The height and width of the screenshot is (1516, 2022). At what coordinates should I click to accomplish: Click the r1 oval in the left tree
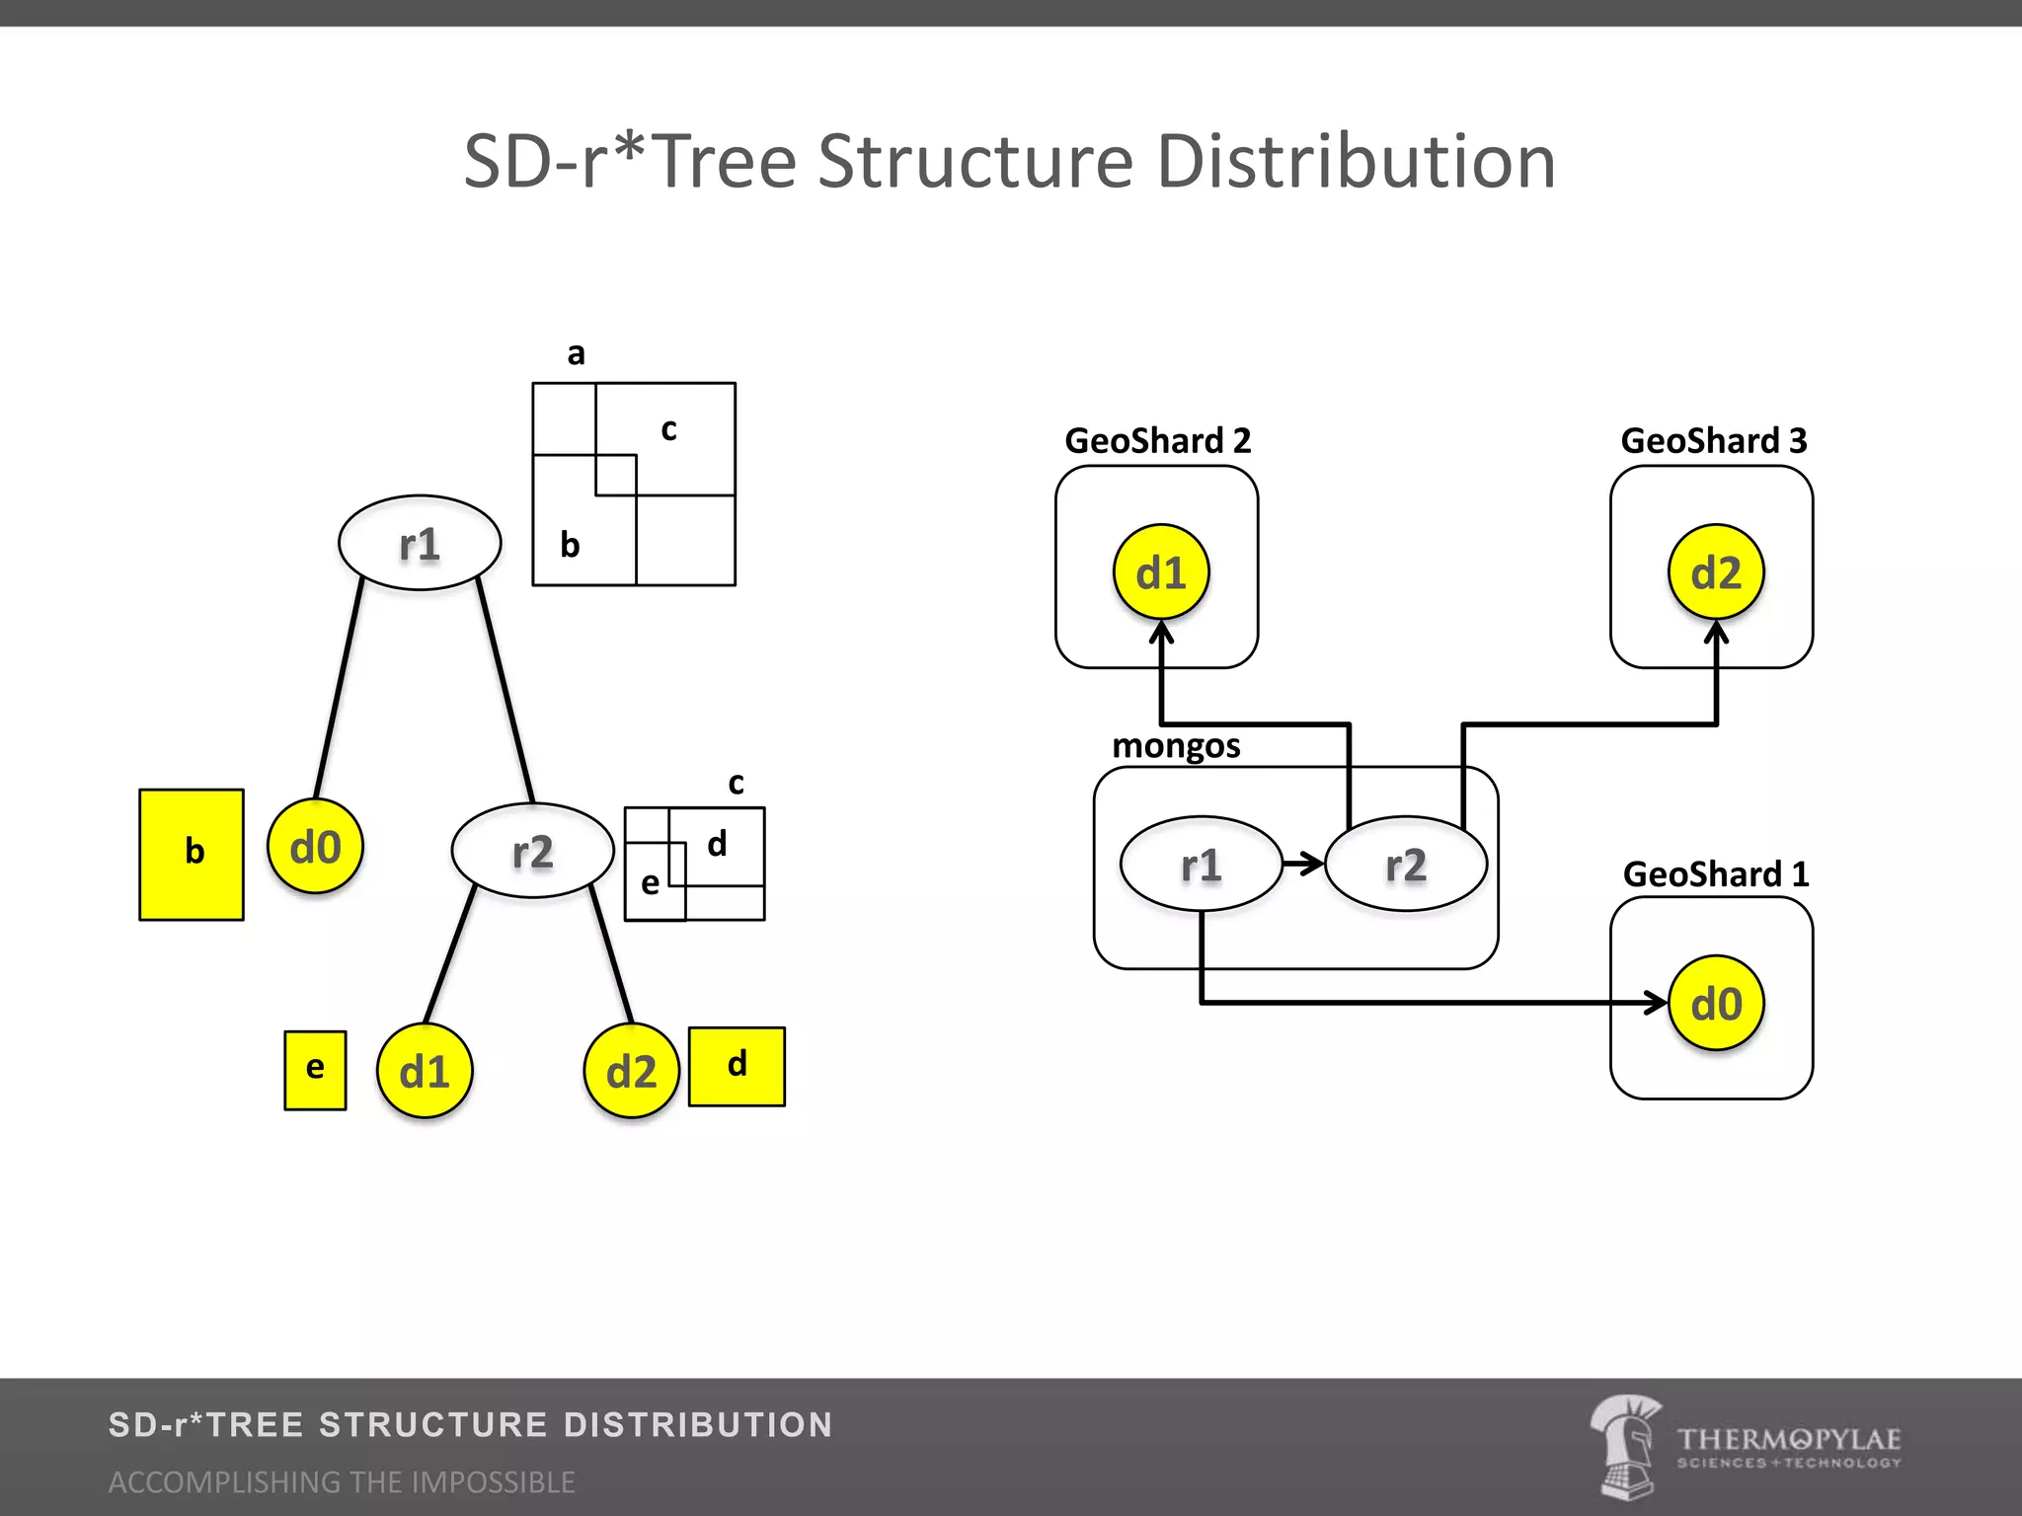click(x=420, y=543)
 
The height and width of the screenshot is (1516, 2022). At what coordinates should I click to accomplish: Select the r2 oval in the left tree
click(x=532, y=851)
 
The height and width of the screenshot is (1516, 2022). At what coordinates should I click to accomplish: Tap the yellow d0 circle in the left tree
click(x=315, y=847)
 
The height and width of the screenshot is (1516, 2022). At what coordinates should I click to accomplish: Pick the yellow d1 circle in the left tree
click(x=425, y=1071)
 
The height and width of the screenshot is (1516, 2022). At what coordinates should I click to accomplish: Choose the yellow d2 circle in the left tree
click(x=631, y=1071)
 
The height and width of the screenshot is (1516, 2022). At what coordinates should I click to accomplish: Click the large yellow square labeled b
click(x=192, y=854)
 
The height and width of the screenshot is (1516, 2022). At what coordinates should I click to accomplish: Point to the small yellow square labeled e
click(x=315, y=1070)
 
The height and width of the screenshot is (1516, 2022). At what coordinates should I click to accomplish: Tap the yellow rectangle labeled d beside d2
click(x=737, y=1066)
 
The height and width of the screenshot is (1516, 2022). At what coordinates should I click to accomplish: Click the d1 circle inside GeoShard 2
click(x=1161, y=572)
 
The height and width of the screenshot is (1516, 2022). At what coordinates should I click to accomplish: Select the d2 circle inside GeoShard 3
click(x=1716, y=572)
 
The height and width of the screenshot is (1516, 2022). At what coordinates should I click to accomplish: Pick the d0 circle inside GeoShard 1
click(x=1716, y=1004)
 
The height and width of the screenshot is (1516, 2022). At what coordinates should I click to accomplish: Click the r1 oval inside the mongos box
click(x=1201, y=865)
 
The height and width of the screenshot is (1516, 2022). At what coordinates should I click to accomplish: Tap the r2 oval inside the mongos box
click(x=1406, y=865)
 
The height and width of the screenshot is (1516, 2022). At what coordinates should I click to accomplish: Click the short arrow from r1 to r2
click(x=1303, y=864)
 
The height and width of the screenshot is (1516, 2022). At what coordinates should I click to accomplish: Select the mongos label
click(x=1176, y=745)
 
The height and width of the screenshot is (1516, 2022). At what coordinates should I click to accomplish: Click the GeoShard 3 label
click(x=1714, y=440)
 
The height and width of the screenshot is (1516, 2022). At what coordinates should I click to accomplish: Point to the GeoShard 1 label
click(x=1716, y=873)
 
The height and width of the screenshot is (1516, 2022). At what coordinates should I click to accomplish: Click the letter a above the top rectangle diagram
click(x=576, y=353)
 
